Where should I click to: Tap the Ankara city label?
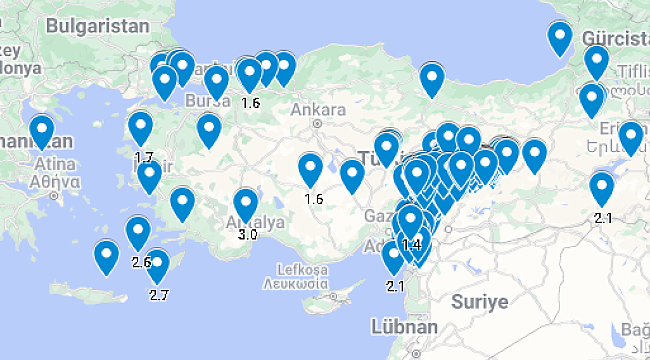(316, 110)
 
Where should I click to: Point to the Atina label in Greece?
(58, 164)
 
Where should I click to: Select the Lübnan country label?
(404, 327)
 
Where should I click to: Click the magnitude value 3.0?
(247, 235)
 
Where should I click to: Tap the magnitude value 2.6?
(141, 262)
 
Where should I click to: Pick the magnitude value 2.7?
(159, 295)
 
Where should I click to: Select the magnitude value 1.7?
(144, 157)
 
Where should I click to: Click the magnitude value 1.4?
(410, 244)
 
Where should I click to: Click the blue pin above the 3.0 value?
(246, 206)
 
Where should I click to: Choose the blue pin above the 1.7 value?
(141, 129)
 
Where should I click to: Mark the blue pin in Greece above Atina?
(41, 131)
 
